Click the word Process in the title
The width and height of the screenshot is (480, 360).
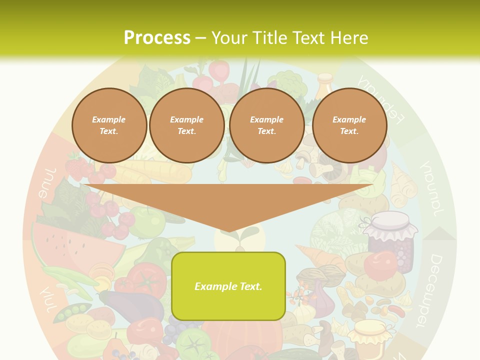(157, 38)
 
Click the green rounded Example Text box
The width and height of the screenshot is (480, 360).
(228, 286)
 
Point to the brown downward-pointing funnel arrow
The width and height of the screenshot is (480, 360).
(228, 205)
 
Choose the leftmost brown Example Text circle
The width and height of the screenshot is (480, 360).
(109, 125)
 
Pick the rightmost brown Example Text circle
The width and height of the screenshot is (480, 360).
(349, 125)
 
